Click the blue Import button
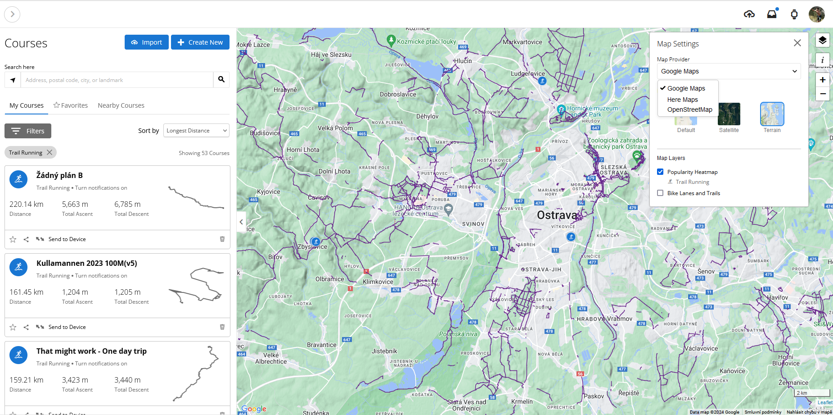146,42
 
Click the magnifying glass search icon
221,80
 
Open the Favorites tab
71,105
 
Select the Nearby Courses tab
121,105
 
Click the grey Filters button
28,131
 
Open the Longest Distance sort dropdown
196,131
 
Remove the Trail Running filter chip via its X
50,152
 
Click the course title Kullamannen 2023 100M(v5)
87,263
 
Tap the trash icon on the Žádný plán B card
222,239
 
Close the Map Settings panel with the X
797,43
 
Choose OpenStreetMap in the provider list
689,109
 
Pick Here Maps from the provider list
682,100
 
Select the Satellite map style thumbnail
729,114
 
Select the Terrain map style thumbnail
772,114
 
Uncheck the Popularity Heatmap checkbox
660,172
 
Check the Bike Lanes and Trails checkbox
660,193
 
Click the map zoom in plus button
823,80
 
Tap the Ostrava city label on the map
557,215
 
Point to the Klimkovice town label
378,282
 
